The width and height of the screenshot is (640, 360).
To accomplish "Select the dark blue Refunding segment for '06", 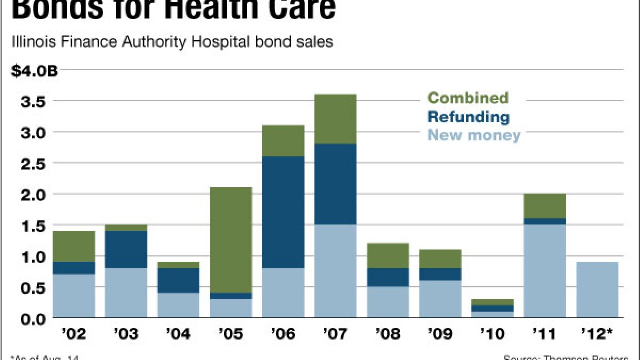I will tap(283, 212).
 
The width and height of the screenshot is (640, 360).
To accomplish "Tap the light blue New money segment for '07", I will tap(335, 271).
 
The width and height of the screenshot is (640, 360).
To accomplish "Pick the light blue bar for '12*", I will tap(597, 290).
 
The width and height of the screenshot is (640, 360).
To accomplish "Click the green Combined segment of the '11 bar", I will tap(545, 206).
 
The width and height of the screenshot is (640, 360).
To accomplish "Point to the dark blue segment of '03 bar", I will tap(126, 249).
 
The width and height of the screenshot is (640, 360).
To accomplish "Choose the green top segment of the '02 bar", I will tap(74, 246).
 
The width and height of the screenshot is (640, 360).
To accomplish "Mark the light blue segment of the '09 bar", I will tap(440, 299).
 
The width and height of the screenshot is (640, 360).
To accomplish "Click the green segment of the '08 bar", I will tap(388, 255).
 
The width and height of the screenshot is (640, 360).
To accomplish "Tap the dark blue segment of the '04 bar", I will tap(178, 280).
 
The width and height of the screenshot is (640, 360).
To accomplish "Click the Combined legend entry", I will tap(468, 98).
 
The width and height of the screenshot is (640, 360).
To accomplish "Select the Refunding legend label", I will tap(469, 117).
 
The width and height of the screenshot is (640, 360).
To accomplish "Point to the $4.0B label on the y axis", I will tap(35, 71).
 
